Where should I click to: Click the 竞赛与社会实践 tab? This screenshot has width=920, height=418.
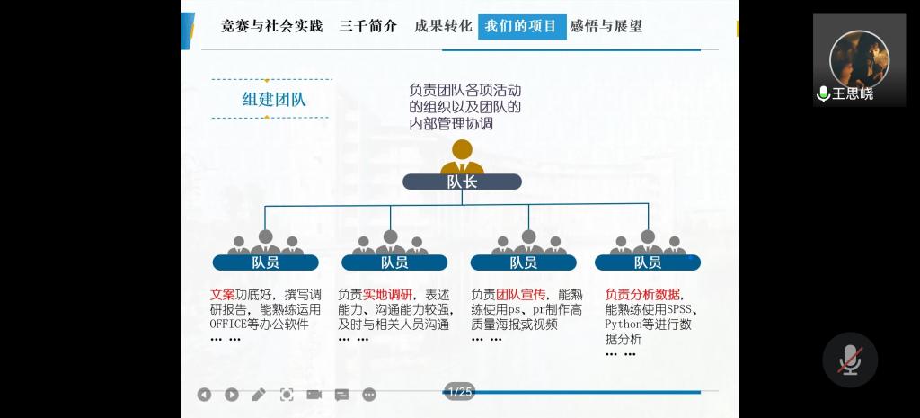point(271,26)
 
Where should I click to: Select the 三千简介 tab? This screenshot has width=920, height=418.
point(367,26)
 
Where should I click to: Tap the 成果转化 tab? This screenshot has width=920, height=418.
point(443,26)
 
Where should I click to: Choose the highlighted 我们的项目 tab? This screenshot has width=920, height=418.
point(522,26)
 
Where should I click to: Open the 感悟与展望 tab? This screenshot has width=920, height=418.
point(606,26)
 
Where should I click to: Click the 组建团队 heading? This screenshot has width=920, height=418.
point(274,99)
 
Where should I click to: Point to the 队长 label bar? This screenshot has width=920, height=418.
point(462,182)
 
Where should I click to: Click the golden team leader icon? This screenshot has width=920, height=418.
point(462,156)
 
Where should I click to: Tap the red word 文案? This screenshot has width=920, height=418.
point(222,294)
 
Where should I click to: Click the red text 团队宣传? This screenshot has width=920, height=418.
point(521,294)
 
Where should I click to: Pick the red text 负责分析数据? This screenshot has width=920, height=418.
point(642,294)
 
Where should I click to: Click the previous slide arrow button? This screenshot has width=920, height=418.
point(204,395)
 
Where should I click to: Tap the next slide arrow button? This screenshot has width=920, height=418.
point(232,395)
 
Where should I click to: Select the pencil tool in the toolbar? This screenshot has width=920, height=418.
point(259,394)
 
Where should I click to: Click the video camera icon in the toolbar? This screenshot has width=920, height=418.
point(314,394)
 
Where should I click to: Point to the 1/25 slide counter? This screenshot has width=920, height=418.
point(459,391)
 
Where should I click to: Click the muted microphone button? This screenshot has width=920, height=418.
point(849,360)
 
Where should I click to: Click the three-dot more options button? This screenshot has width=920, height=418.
point(369,395)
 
